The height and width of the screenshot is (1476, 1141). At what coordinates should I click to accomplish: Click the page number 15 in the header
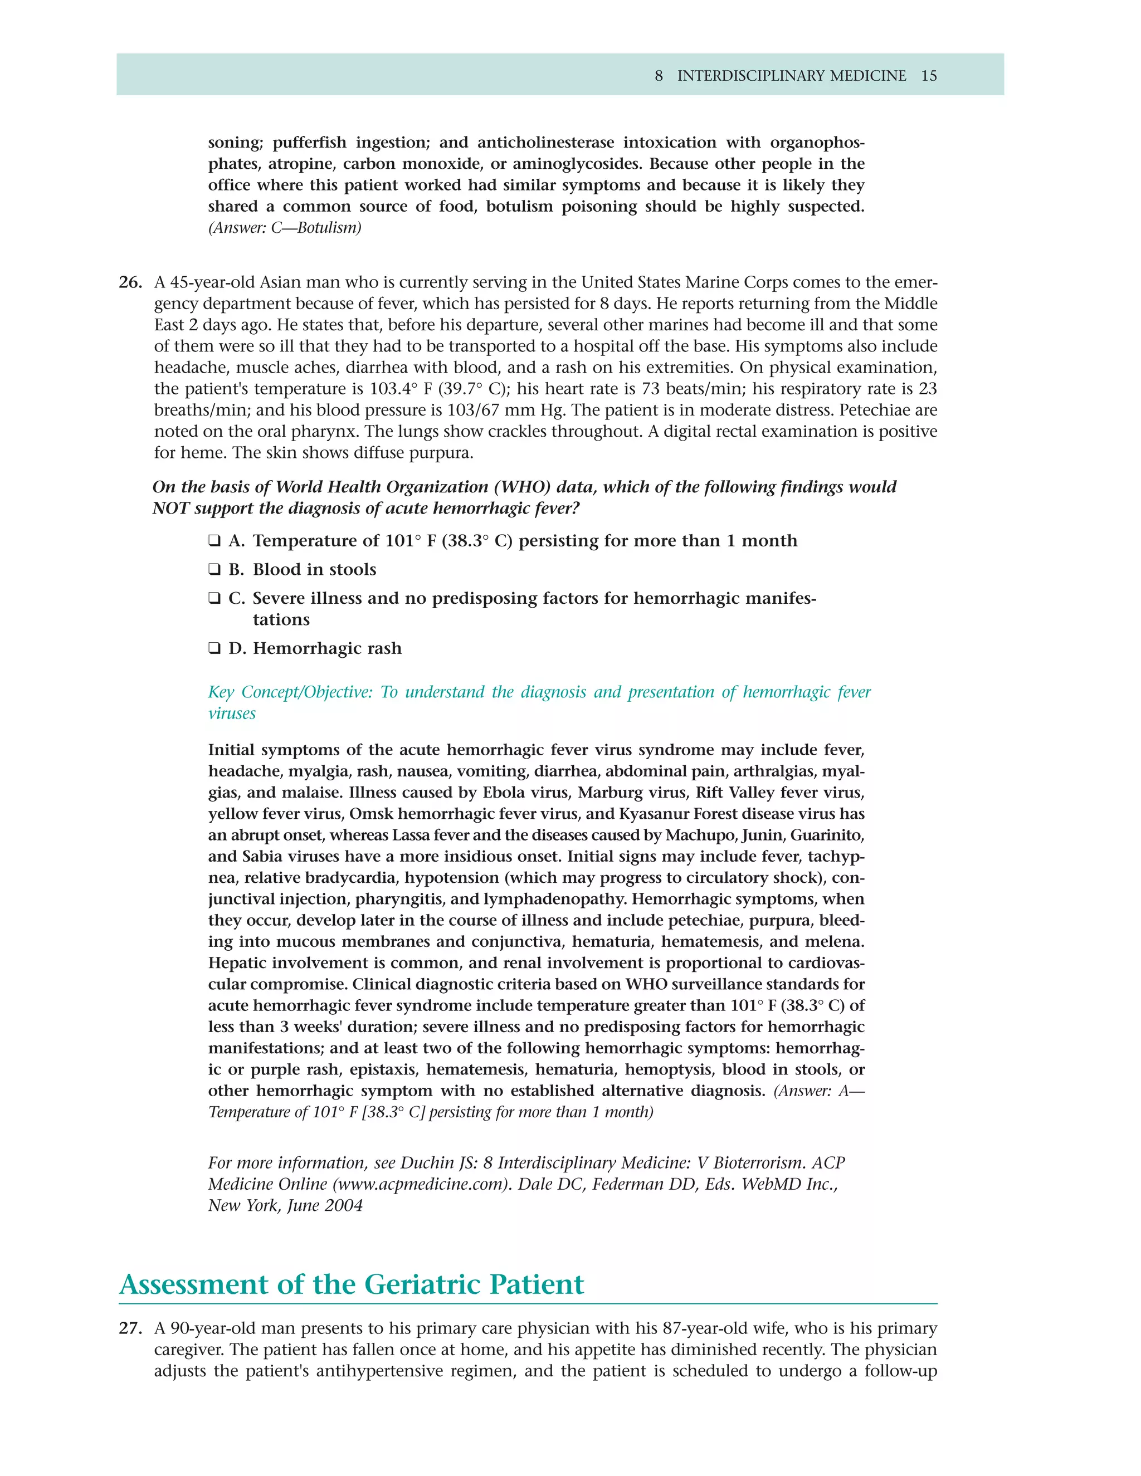point(929,76)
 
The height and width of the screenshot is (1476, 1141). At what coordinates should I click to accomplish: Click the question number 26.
point(130,282)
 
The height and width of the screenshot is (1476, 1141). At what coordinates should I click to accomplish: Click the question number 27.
point(130,1328)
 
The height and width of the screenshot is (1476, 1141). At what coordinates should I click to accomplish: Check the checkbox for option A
point(214,541)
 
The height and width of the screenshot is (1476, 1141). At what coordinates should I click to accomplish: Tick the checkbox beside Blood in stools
point(214,570)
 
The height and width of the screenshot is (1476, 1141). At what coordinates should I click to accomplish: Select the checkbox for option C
point(214,599)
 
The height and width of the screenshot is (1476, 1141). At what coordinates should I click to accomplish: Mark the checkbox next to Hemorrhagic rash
point(214,649)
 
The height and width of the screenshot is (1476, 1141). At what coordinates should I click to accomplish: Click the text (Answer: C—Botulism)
point(285,228)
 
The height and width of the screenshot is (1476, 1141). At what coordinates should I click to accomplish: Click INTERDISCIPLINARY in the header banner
point(792,76)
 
